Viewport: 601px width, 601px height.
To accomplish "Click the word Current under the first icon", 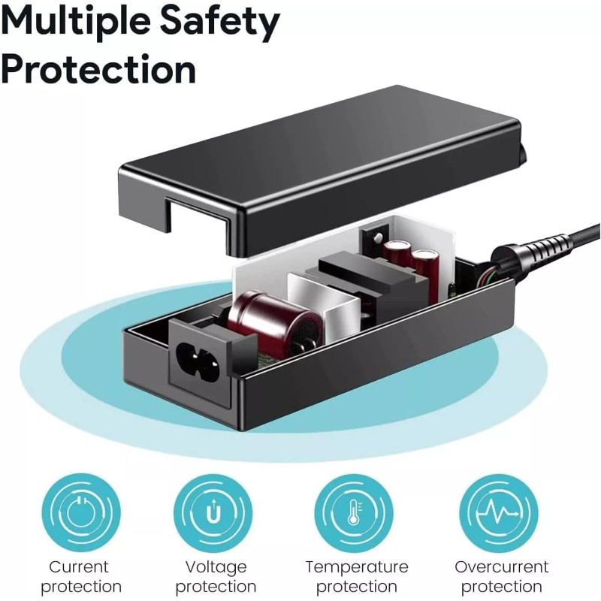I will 79,566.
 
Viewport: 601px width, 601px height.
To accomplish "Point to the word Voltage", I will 216,566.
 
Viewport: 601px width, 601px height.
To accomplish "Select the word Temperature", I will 357,566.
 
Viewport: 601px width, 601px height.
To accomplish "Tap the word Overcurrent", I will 501,566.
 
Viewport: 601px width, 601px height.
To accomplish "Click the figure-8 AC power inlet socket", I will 199,357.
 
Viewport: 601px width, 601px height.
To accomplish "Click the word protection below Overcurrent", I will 501,587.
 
